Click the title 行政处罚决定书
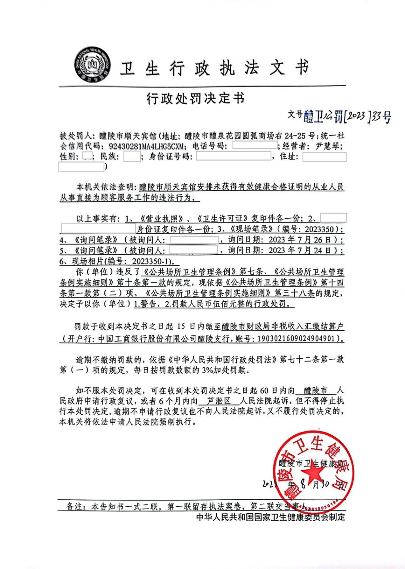[196, 98]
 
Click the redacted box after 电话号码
[255, 146]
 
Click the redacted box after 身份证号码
[233, 156]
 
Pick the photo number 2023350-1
[152, 261]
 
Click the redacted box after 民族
[132, 157]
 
